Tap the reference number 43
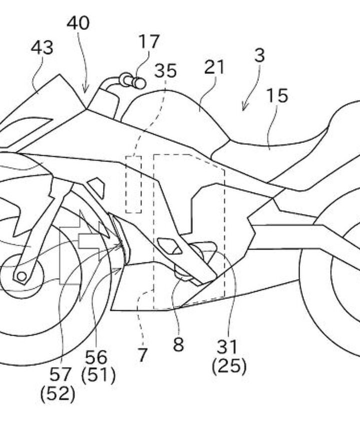pos(42,48)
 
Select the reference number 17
pos(148,41)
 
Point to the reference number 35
pos(165,71)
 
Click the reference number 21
pos(214,67)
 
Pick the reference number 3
pos(259,55)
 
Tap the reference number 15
pos(277,95)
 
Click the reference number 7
pos(143,355)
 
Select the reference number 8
pos(178,345)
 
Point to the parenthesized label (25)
pos(229,367)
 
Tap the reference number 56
pos(96,357)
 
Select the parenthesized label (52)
pos(58,394)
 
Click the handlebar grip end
pos(140,82)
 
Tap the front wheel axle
pos(20,275)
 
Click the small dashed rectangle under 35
pos(133,184)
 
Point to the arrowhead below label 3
pos(244,107)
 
